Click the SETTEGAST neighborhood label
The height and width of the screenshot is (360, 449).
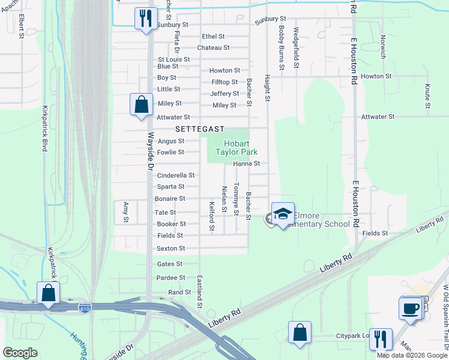pyautogui.click(x=200, y=129)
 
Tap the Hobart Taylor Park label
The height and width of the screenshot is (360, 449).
pyautogui.click(x=241, y=148)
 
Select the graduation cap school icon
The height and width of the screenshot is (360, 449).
pyautogui.click(x=283, y=213)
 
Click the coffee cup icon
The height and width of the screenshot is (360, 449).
pyautogui.click(x=411, y=308)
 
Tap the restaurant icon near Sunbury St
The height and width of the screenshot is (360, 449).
pyautogui.click(x=144, y=19)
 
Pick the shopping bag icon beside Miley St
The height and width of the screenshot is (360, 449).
pyautogui.click(x=140, y=104)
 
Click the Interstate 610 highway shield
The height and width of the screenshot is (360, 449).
pyautogui.click(x=85, y=308)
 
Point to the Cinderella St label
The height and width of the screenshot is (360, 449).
pyautogui.click(x=176, y=175)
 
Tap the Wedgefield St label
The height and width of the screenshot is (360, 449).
pyautogui.click(x=296, y=47)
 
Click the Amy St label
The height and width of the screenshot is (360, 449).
pyautogui.click(x=126, y=212)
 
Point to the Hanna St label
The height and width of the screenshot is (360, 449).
pyautogui.click(x=246, y=163)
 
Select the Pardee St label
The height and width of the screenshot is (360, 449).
pyautogui.click(x=170, y=278)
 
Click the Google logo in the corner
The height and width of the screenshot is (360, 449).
pyautogui.click(x=21, y=353)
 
